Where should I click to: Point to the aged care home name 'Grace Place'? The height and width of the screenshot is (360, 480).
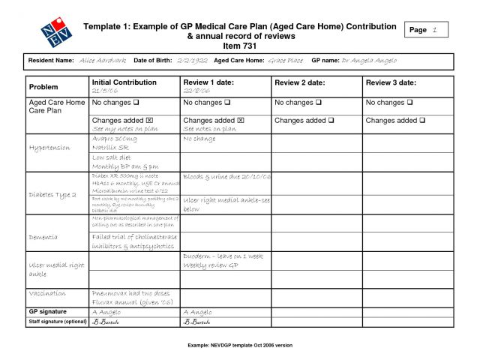(x=285, y=61)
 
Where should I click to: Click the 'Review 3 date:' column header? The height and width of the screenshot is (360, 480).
(x=391, y=82)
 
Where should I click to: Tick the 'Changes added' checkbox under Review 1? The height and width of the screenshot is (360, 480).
(x=241, y=120)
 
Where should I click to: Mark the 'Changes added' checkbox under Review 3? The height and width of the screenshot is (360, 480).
(x=423, y=120)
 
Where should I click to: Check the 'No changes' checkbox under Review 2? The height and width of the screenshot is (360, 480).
(x=331, y=102)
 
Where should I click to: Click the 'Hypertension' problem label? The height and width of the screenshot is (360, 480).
(x=49, y=148)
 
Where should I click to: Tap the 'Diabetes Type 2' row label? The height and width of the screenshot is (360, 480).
(x=52, y=194)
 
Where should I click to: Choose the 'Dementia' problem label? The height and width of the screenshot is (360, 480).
(x=43, y=237)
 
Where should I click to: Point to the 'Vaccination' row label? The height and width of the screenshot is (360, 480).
(x=47, y=293)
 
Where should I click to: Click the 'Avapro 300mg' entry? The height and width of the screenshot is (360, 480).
(x=115, y=139)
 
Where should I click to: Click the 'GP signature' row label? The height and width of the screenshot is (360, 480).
(x=48, y=311)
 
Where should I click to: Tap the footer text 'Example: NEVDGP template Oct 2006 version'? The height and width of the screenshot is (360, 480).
(x=240, y=345)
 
